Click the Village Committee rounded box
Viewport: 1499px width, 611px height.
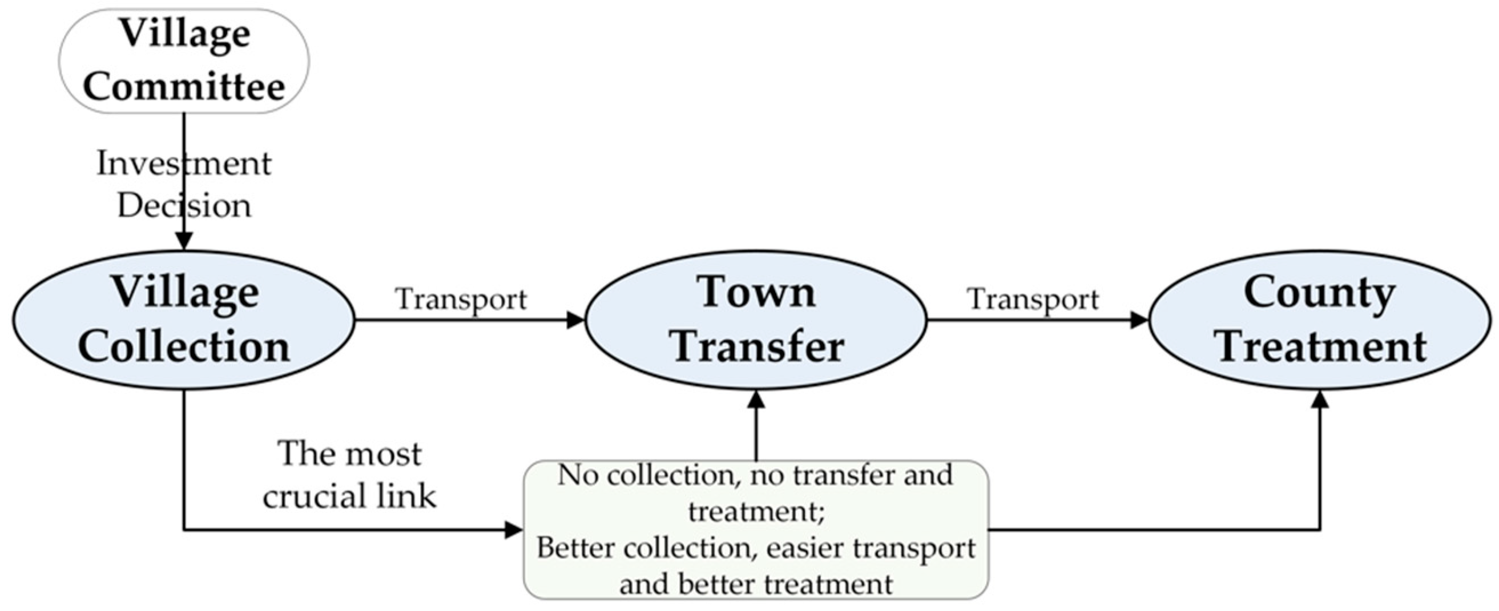[x=184, y=61]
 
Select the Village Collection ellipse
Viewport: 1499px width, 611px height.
[x=184, y=320]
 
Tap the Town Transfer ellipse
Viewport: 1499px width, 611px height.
[x=756, y=320]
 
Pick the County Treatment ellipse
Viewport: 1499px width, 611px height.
[x=1320, y=320]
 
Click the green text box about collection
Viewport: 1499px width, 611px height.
[x=756, y=529]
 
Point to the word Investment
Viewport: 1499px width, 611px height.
[x=184, y=163]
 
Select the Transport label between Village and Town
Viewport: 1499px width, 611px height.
[x=461, y=299]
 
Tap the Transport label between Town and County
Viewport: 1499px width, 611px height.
[x=1033, y=299]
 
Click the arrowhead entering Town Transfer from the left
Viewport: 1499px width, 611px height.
[x=575, y=320]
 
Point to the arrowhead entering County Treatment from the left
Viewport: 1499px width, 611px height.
[x=1139, y=320]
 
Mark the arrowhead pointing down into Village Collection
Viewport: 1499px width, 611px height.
[x=184, y=241]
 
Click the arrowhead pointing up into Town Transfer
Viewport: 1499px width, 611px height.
[x=756, y=399]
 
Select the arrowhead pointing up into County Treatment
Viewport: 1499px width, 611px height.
[x=1320, y=399]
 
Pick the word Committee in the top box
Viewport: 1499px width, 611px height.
[x=184, y=86]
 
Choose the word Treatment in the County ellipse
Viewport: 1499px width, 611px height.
[x=1321, y=347]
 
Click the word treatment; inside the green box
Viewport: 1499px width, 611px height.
[x=755, y=512]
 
